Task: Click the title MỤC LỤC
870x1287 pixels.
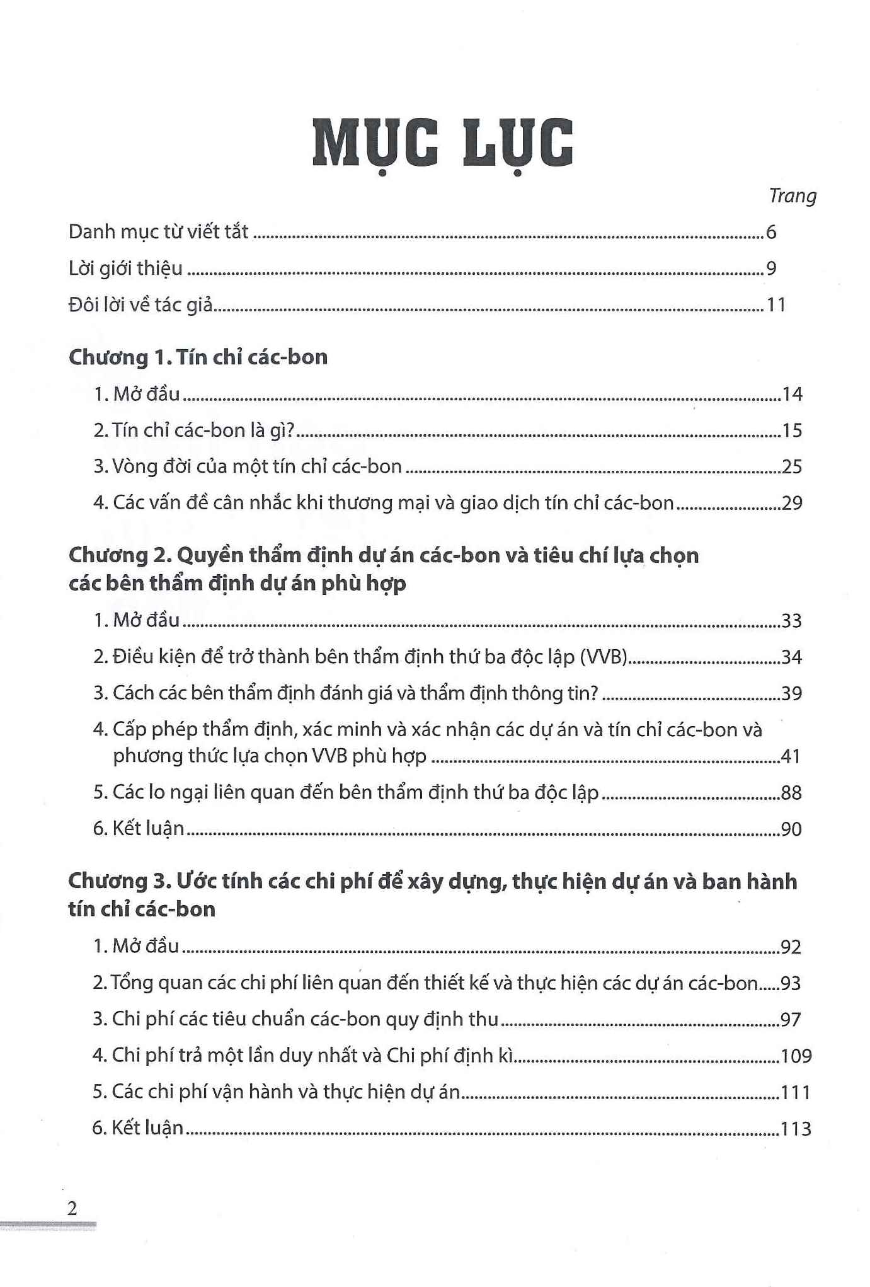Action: [442, 144]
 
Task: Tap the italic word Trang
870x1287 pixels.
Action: [792, 197]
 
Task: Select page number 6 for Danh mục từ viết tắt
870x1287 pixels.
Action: [771, 233]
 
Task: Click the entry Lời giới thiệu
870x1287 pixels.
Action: [125, 268]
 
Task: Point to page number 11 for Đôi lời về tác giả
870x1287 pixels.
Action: [776, 305]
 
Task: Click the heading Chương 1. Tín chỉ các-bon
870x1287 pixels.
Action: [198, 357]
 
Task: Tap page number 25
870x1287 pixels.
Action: [791, 467]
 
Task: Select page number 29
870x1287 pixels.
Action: [791, 503]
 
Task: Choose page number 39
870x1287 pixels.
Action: [791, 693]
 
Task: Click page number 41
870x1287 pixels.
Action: [791, 756]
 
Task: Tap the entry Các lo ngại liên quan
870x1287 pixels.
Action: [346, 792]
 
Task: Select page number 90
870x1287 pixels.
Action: [791, 829]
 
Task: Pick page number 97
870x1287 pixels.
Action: [790, 1020]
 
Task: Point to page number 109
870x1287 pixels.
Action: [796, 1056]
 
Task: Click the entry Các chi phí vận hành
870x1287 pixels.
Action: [277, 1092]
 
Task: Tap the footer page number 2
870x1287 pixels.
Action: [72, 1209]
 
